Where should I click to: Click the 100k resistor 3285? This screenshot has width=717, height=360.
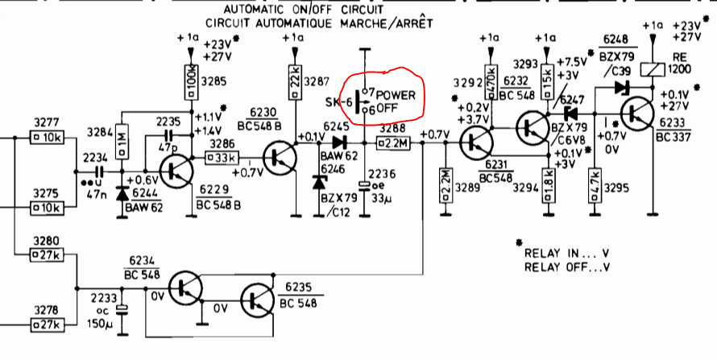coord(192,82)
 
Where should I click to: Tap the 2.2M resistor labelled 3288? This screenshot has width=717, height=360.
coord(393,143)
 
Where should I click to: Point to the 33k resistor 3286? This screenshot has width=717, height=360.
coord(222,158)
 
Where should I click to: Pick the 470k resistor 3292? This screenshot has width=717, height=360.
coord(491,82)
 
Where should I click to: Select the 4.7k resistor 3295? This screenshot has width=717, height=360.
coord(595,184)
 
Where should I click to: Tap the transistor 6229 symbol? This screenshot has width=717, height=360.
coord(176,171)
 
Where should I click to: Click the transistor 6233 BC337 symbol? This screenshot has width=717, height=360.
coord(637,114)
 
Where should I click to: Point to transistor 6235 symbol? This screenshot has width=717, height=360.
coord(258,300)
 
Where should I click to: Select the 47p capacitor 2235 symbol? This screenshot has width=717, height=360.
coord(168,134)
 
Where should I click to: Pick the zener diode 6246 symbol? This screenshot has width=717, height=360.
coord(319,182)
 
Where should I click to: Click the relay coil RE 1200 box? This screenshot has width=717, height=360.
coord(651,69)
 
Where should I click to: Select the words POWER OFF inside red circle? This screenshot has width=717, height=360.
coord(389,101)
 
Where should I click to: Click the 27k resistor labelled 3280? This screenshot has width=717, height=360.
coord(48,255)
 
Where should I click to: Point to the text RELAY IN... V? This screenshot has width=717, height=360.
coord(566,254)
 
